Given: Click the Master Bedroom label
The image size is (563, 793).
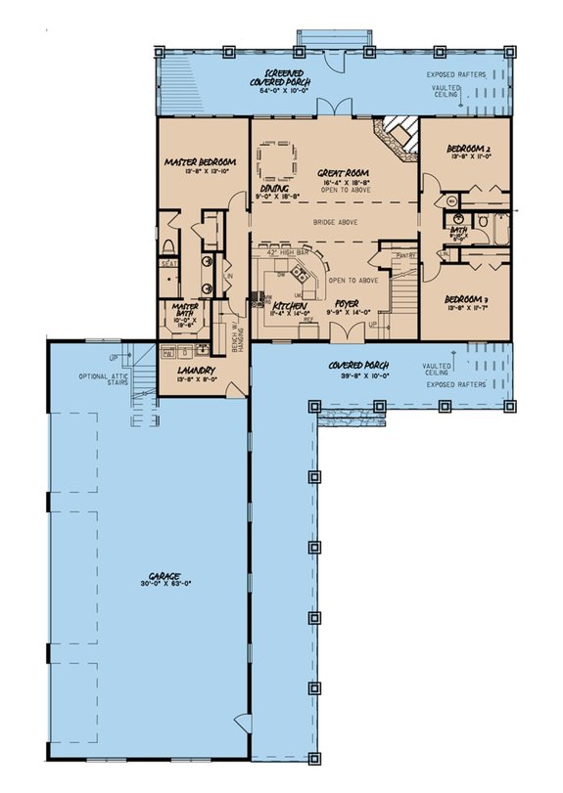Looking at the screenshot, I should tap(200, 161).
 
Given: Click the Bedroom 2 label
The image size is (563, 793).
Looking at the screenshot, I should tap(468, 149).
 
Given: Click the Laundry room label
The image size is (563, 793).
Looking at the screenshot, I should tap(196, 372).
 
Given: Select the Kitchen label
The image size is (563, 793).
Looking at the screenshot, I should tap(288, 305).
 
